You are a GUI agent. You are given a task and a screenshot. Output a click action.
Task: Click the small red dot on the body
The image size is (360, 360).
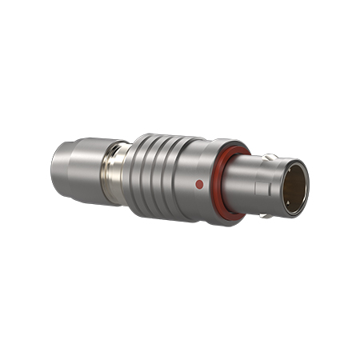pos(199,184)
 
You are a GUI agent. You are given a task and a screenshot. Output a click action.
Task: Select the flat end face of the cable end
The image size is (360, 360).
pos(57,167)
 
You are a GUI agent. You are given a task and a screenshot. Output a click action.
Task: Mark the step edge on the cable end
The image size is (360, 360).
pos(74,169)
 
